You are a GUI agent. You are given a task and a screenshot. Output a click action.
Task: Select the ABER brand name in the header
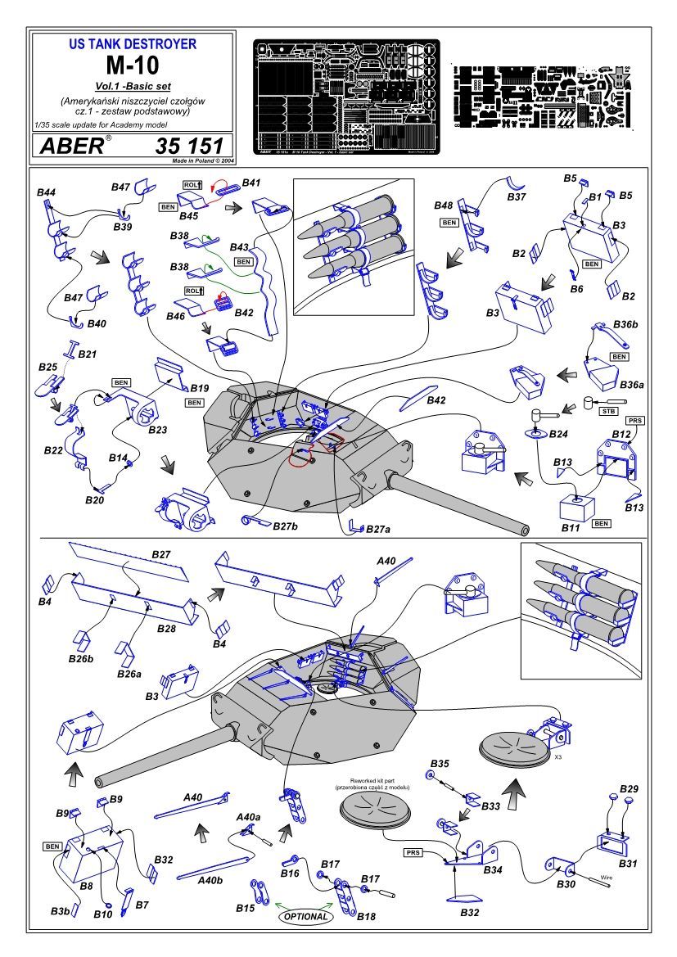(70, 147)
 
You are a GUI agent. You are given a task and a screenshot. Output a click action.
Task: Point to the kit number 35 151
(188, 147)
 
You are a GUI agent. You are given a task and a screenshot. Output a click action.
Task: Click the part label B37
(517, 197)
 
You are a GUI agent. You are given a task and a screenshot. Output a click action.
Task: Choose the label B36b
(624, 325)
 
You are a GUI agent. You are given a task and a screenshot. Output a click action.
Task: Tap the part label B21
(88, 354)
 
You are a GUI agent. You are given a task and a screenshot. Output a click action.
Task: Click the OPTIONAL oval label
(307, 916)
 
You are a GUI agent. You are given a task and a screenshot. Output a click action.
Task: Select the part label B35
(440, 763)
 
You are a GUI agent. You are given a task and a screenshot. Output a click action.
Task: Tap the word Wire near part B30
(607, 876)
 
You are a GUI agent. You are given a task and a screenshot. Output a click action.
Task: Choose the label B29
(629, 788)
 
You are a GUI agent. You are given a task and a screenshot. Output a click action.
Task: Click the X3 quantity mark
(557, 758)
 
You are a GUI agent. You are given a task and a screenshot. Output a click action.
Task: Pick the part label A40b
(211, 880)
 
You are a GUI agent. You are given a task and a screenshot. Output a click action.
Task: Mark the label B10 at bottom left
(103, 913)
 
